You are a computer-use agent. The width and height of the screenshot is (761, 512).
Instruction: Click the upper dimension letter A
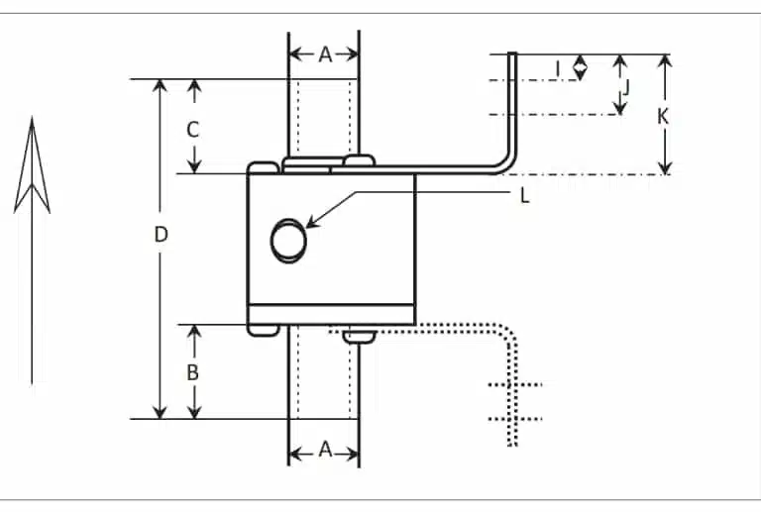324,55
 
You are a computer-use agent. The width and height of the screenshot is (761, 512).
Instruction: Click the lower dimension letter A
324,450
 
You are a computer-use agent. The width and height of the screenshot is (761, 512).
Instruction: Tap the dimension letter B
194,372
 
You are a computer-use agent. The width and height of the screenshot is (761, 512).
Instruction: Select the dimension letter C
194,129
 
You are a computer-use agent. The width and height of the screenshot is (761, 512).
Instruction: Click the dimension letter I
558,68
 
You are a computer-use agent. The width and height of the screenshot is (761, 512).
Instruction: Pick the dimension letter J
625,87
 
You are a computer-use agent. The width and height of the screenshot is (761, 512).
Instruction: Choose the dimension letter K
664,116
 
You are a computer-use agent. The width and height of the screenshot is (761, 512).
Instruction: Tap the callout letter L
525,195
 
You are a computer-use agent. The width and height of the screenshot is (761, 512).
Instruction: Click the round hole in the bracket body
288,241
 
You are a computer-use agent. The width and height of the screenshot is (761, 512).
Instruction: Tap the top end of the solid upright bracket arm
513,55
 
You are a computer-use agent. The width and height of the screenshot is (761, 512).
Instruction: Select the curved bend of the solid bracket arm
506,164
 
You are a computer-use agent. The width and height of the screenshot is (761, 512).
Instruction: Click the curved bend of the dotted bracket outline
506,340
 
